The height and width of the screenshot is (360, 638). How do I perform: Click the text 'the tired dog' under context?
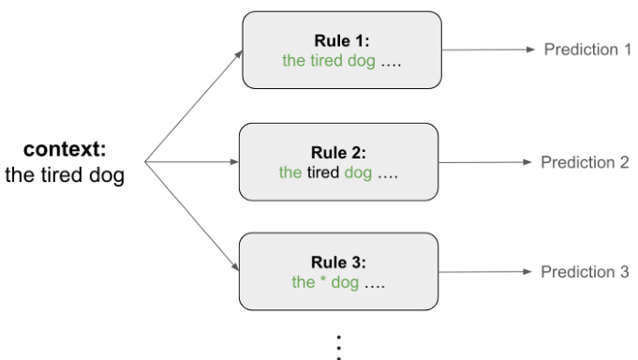(65, 175)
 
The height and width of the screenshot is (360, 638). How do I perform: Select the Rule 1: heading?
(342, 41)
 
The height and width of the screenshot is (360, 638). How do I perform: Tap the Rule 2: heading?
(338, 153)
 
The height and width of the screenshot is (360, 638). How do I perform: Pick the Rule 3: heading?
(338, 262)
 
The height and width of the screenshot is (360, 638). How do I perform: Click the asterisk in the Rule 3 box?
(323, 282)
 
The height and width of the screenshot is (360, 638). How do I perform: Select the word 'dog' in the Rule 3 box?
(346, 282)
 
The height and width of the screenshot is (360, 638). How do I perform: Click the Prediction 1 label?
(587, 49)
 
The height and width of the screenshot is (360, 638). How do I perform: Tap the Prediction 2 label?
(585, 162)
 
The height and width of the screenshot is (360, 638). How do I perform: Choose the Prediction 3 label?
(585, 272)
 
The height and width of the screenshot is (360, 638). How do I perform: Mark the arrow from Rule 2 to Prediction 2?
(485, 162)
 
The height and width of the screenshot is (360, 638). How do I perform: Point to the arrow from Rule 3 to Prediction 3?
(485, 272)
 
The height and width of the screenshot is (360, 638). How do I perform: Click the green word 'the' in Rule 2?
(290, 172)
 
